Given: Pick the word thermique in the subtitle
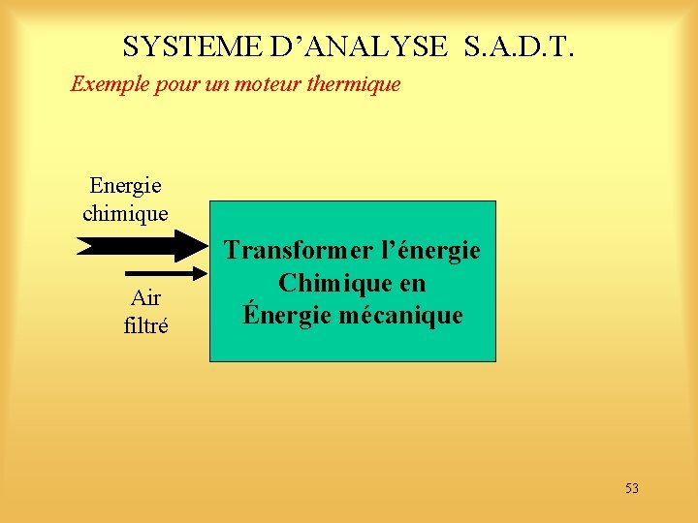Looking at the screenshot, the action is coord(354,84).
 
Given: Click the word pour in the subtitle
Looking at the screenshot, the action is coord(172,84).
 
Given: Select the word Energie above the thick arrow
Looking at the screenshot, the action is coord(125,185).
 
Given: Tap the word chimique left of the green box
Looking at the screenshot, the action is coord(125,212).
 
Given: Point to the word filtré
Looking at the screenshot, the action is coord(145,326).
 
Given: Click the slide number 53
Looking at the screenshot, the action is coord(631,488).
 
